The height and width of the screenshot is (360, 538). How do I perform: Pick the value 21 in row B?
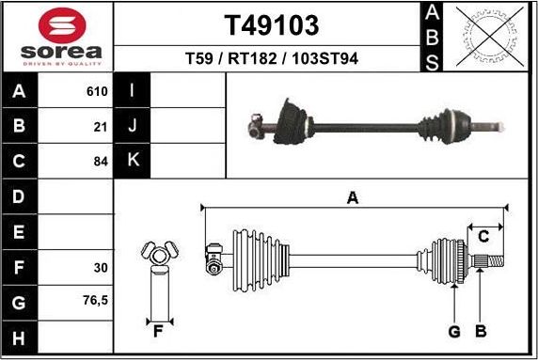coord(102,126)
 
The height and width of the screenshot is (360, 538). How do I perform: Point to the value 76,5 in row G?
coord(95,302)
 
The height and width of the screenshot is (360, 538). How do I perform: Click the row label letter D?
coord(20,196)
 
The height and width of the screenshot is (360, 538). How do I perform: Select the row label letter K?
coord(133,161)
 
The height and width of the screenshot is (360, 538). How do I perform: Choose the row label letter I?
coord(133,91)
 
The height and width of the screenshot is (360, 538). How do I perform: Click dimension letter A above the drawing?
coord(353,197)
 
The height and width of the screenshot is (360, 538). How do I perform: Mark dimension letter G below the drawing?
coord(453,331)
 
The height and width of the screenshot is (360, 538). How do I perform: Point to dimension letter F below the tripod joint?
coord(158,330)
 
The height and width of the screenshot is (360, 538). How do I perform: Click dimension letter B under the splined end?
coord(480,331)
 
